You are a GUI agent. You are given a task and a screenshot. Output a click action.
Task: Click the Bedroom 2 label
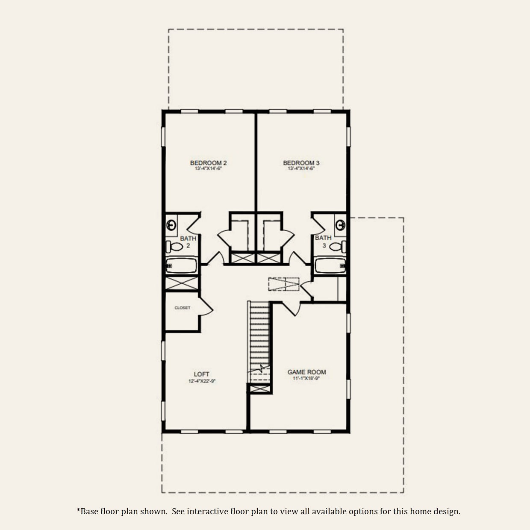coord(208,163)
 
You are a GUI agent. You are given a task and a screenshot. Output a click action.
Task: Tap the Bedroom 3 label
coord(301,163)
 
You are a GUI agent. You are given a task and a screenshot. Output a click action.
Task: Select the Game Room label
coord(306,372)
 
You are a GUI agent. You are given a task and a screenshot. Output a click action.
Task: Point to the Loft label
coord(201,374)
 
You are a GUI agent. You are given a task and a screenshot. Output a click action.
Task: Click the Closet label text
coord(183,308)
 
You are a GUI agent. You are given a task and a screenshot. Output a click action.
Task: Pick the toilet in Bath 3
coord(338,247)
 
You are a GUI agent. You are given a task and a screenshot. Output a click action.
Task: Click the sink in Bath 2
coord(171,224)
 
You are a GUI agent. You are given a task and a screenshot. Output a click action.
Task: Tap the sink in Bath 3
coord(340,224)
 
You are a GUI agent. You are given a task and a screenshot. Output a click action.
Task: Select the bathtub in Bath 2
coord(181,266)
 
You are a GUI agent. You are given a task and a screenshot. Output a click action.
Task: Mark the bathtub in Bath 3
coord(330,265)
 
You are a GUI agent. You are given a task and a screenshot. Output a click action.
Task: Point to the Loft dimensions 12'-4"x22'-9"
coord(201,381)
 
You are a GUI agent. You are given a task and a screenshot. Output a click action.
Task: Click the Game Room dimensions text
coord(306,379)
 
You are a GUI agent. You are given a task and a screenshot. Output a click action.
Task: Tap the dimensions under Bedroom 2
coord(208,169)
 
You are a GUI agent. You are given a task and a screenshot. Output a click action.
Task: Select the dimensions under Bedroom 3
coord(301,169)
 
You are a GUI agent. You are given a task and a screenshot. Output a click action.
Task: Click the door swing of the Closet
coord(206,309)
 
